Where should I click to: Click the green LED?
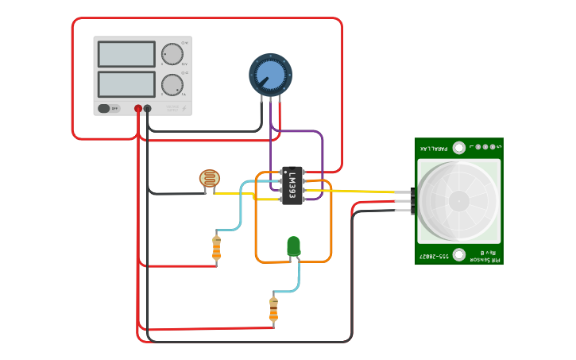[293, 246]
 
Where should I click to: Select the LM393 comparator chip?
[292, 185]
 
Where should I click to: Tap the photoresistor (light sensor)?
[211, 180]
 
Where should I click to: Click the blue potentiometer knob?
[270, 75]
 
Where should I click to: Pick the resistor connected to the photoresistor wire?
[216, 248]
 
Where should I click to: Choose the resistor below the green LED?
[273, 308]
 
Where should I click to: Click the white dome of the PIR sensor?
[458, 201]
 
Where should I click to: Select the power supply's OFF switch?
[110, 109]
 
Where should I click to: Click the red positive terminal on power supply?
[138, 109]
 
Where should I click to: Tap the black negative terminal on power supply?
[148, 109]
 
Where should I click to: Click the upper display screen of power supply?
[126, 54]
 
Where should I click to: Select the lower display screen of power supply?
[126, 84]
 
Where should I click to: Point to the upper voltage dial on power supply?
[172, 54]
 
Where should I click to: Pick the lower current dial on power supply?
[172, 84]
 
